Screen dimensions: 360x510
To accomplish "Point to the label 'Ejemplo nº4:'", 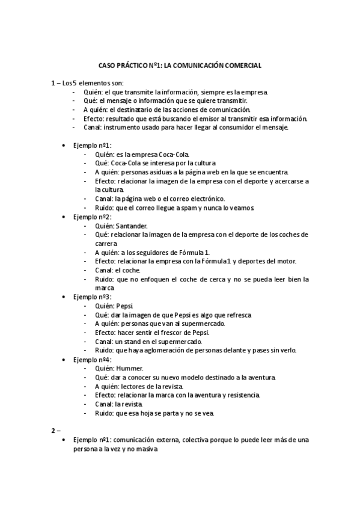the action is click(92, 360).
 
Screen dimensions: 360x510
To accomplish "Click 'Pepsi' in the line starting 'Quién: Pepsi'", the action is click(124, 306).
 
